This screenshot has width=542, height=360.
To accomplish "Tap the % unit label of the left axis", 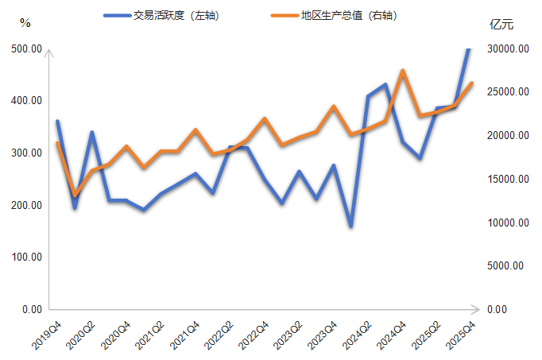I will click(x=25, y=23).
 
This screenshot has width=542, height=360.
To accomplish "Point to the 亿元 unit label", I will click(x=502, y=24).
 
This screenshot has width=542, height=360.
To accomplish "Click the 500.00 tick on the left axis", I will click(x=26, y=48).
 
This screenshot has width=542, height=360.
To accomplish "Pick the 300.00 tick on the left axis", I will click(x=26, y=153).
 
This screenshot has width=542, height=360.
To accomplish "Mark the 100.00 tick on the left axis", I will click(x=26, y=257).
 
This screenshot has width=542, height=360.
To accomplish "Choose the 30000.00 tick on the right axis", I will click(x=508, y=48).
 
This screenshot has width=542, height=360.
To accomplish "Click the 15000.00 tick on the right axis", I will click(x=508, y=179).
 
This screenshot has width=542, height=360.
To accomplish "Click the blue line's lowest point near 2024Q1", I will click(x=350, y=226).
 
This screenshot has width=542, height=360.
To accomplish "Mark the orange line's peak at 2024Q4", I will click(x=403, y=71).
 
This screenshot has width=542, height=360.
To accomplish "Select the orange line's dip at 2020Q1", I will click(x=75, y=195).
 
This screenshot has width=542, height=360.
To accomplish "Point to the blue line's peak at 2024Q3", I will click(x=385, y=84).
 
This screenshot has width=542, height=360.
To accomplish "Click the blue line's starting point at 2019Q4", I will click(x=57, y=122).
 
